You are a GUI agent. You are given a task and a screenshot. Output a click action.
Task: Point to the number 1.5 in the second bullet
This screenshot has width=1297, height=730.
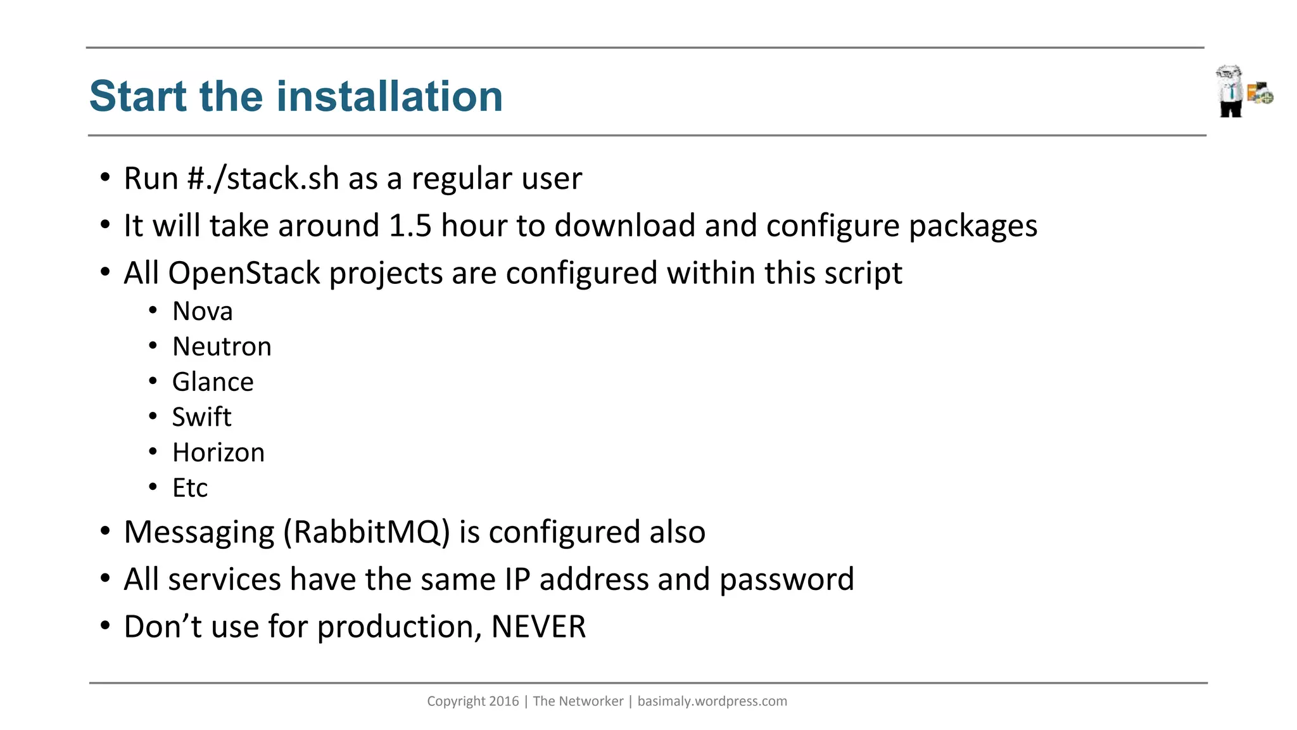pyautogui.click(x=410, y=226)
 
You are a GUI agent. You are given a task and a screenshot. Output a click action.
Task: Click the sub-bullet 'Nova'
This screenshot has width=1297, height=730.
pyautogui.click(x=203, y=311)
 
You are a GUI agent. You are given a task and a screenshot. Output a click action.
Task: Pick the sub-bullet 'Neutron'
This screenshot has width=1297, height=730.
pyautogui.click(x=222, y=347)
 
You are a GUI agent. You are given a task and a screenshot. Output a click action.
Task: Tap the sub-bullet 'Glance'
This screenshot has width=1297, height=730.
pyautogui.click(x=213, y=382)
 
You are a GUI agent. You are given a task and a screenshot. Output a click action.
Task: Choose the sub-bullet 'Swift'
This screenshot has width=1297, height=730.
pyautogui.click(x=201, y=417)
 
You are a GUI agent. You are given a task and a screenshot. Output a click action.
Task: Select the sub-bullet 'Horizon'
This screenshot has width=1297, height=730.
pyautogui.click(x=218, y=452)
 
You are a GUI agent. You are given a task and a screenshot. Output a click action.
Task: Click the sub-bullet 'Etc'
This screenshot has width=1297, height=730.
pyautogui.click(x=190, y=488)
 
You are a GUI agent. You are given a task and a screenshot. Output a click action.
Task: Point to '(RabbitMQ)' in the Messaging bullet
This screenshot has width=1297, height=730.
pyautogui.click(x=367, y=532)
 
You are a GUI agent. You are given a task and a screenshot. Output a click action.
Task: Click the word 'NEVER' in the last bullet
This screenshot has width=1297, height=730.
pyautogui.click(x=538, y=627)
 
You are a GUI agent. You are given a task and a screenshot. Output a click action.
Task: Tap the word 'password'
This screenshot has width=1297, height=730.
pyautogui.click(x=787, y=580)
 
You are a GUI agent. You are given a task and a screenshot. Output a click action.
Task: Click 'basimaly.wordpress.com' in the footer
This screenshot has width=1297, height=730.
pyautogui.click(x=712, y=701)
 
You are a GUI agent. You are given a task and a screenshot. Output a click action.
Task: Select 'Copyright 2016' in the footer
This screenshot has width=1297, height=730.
pyautogui.click(x=472, y=701)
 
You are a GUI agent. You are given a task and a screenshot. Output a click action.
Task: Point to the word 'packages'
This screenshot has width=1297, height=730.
pyautogui.click(x=973, y=226)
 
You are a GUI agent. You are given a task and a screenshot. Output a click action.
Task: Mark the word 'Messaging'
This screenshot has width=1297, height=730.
pyautogui.click(x=199, y=532)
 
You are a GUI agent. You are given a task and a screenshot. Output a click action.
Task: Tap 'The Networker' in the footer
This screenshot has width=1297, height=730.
pyautogui.click(x=578, y=701)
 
